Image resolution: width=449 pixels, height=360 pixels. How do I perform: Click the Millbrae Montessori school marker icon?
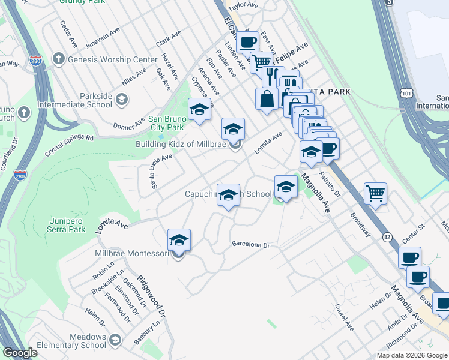click(179, 241)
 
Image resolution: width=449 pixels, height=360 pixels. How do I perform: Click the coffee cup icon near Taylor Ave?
click(247, 43)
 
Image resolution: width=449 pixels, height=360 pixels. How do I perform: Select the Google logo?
click(20, 353)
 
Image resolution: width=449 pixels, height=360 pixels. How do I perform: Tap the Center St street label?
click(414, 235)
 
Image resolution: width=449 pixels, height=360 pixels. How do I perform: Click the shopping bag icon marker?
click(267, 99)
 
